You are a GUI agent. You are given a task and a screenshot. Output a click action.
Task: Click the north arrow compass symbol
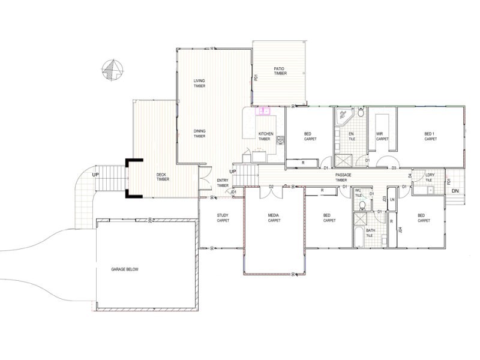pyautogui.click(x=110, y=70)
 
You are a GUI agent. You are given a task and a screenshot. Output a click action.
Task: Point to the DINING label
pyautogui.click(x=199, y=134)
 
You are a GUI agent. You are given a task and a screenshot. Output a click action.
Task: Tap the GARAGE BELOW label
pyautogui.click(x=125, y=269)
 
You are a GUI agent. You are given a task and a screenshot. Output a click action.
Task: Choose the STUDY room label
pyautogui.click(x=223, y=218)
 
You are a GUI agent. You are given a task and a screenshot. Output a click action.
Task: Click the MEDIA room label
pyautogui.click(x=274, y=218)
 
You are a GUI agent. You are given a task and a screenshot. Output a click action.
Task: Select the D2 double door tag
pyautogui.click(x=271, y=187)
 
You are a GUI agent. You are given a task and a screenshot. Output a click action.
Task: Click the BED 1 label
pyautogui.click(x=430, y=136)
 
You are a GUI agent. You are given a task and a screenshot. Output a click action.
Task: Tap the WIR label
pyautogui.click(x=379, y=136)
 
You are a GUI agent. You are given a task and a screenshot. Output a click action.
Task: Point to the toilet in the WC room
pyautogui.click(x=361, y=205)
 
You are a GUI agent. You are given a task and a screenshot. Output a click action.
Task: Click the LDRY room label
pyautogui.click(x=429, y=178)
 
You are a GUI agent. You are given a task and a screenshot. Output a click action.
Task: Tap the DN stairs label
pyautogui.click(x=455, y=191)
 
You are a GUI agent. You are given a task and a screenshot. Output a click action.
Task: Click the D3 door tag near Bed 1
pyautogui.click(x=394, y=167)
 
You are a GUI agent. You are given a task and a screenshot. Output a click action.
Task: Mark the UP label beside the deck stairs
pyautogui.click(x=95, y=175)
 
